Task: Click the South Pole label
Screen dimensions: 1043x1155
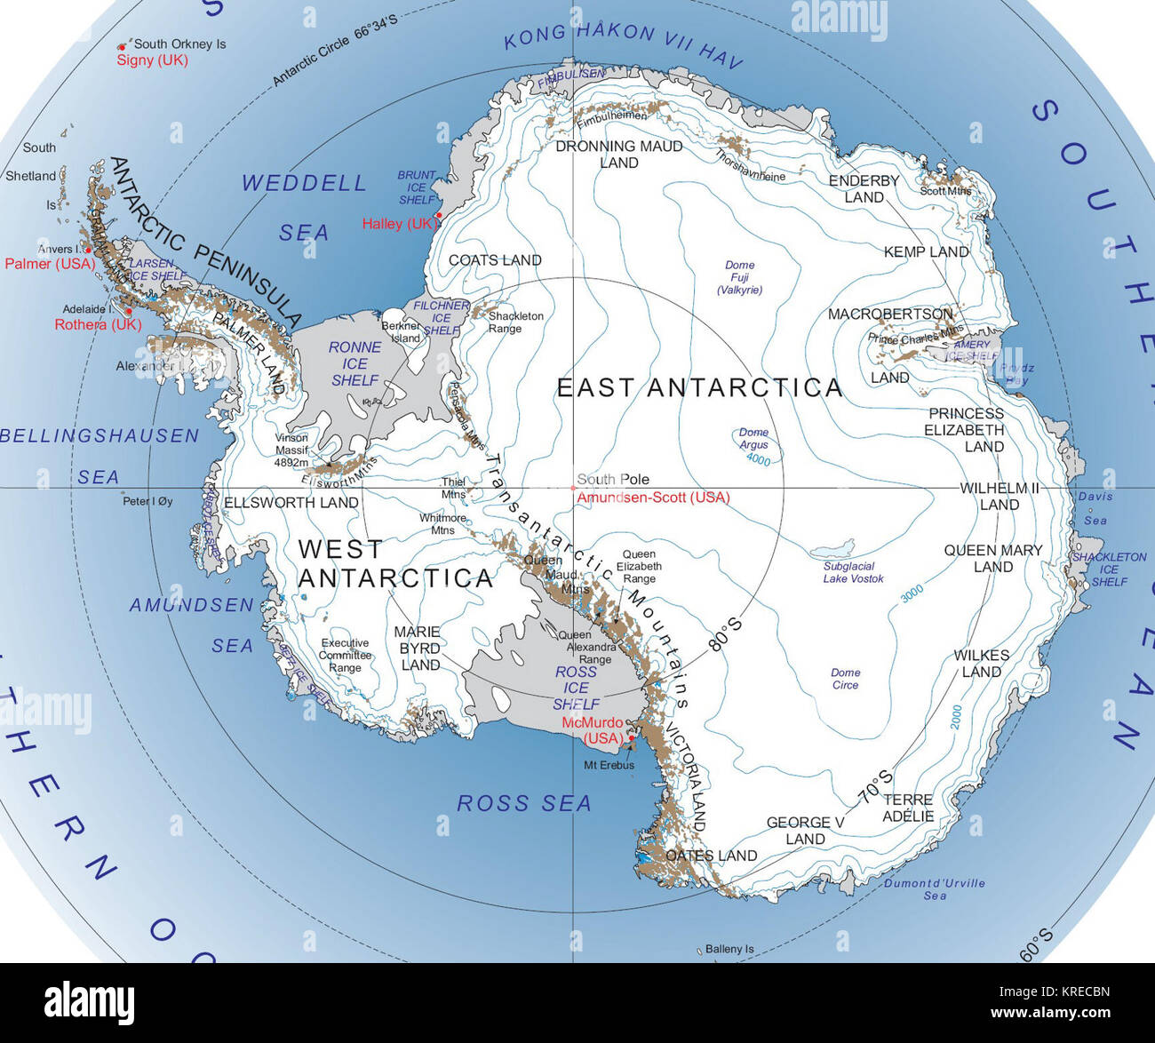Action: [613, 480]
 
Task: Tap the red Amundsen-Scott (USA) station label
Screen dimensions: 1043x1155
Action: [653, 498]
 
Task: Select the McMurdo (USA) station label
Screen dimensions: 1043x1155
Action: [593, 730]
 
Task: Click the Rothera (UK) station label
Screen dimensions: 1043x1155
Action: [98, 325]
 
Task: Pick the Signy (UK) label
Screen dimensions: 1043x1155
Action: [152, 60]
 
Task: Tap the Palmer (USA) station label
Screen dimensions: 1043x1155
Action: [50, 264]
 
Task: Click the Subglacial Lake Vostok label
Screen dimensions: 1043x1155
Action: [853, 572]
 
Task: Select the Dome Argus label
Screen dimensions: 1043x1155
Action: [753, 439]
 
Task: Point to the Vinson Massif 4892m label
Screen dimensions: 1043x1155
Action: [291, 450]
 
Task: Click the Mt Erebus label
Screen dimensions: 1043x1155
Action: [609, 765]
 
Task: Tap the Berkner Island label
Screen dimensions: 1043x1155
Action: [401, 331]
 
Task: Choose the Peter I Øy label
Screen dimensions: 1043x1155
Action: [147, 501]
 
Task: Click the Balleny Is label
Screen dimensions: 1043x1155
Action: [729, 949]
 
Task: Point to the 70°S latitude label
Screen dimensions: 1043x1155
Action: [874, 786]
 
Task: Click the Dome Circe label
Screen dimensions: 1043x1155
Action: [845, 679]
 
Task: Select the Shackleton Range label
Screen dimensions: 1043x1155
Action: [516, 322]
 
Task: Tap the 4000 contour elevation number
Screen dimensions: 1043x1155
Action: [758, 459]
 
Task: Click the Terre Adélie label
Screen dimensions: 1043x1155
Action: [908, 808]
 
